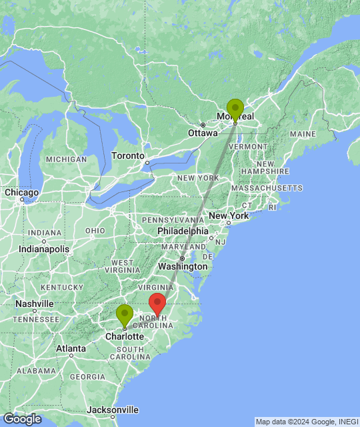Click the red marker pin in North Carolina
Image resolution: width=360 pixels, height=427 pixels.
point(157,304)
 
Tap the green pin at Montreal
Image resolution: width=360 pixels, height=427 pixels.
point(235,109)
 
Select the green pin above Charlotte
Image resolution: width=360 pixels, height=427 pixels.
point(125,315)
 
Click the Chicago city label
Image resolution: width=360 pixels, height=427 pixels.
point(21,192)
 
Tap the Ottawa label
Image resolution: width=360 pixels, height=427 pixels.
point(203,133)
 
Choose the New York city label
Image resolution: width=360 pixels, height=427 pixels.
point(229,216)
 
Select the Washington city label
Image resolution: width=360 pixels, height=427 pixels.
point(183,266)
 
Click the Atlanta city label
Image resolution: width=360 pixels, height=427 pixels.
point(70,348)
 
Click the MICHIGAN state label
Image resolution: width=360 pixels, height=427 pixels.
point(66,159)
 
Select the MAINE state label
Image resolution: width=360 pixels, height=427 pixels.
point(303,134)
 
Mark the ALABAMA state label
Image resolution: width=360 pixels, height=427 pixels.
point(36,371)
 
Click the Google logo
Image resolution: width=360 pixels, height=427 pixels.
point(21,419)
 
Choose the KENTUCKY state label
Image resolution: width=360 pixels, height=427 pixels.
point(61,287)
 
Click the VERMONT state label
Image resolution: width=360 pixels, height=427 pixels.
point(251,146)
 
